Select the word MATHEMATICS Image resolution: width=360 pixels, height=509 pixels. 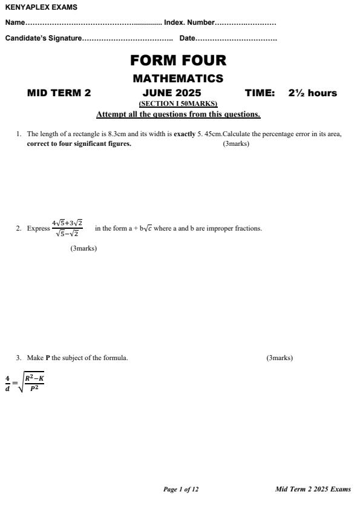(x=178, y=79)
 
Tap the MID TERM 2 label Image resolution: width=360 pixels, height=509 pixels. (x=59, y=93)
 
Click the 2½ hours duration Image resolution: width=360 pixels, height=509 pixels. (x=313, y=93)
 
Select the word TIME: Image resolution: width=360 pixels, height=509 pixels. (x=260, y=93)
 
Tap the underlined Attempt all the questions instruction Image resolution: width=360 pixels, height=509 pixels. (x=178, y=114)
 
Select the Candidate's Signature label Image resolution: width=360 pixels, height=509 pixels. (x=43, y=39)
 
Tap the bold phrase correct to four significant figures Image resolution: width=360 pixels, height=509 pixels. (x=79, y=144)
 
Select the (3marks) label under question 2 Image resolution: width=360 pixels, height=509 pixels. (x=83, y=248)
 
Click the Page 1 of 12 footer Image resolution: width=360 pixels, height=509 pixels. (x=181, y=490)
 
